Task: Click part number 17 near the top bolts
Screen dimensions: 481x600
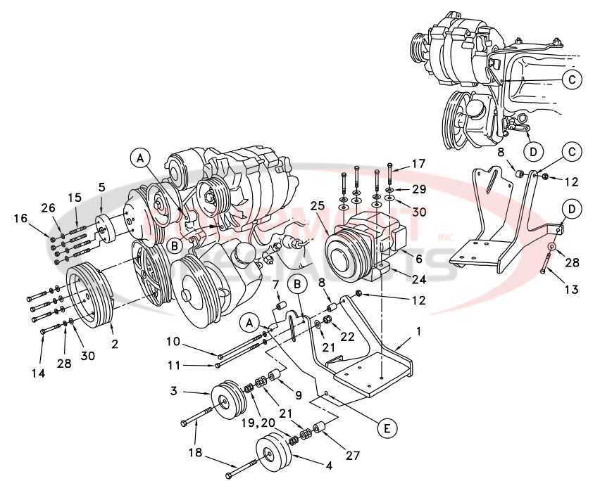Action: click(x=418, y=164)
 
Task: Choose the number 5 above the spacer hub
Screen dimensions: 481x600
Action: click(x=101, y=188)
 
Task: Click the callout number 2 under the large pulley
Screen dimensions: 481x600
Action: click(x=114, y=345)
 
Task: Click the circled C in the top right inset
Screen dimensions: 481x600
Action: click(x=573, y=79)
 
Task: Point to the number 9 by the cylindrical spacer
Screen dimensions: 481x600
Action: click(x=297, y=395)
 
